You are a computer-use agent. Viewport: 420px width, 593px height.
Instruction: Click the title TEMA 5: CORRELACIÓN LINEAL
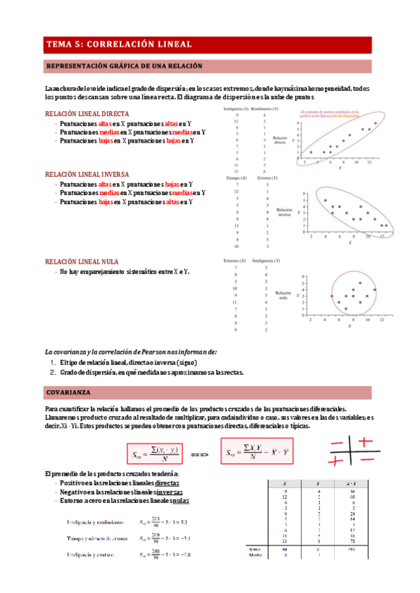(118, 43)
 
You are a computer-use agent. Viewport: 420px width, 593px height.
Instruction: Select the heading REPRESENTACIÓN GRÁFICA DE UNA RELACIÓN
(123, 66)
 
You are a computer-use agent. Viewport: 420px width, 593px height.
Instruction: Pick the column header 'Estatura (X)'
(232, 260)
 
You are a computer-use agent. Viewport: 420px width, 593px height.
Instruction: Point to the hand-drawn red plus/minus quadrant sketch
(353, 451)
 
